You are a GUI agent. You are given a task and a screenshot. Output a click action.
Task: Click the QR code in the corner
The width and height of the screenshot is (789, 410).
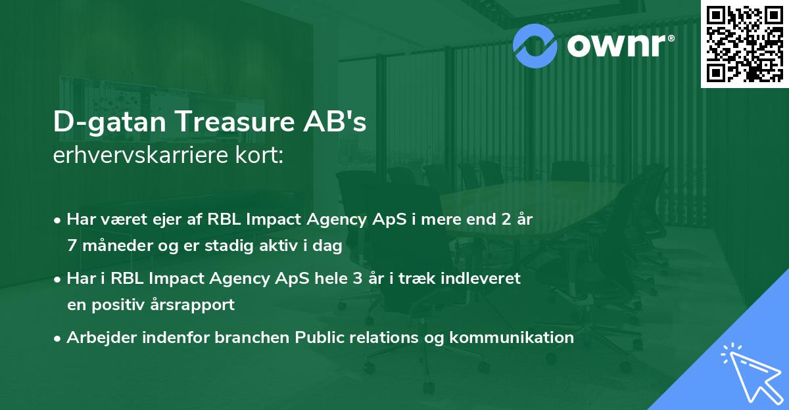(745, 43)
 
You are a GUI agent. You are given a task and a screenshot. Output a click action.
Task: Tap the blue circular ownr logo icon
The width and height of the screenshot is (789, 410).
(535, 45)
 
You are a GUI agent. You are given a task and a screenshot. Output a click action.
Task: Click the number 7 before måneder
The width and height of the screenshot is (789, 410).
(71, 246)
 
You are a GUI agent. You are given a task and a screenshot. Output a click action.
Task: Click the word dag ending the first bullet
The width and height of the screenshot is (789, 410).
(329, 246)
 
